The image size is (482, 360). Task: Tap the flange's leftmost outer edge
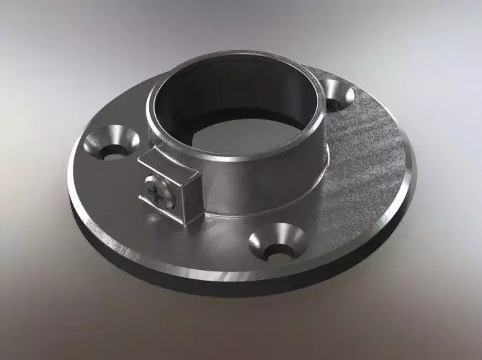pyautogui.click(x=69, y=179)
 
